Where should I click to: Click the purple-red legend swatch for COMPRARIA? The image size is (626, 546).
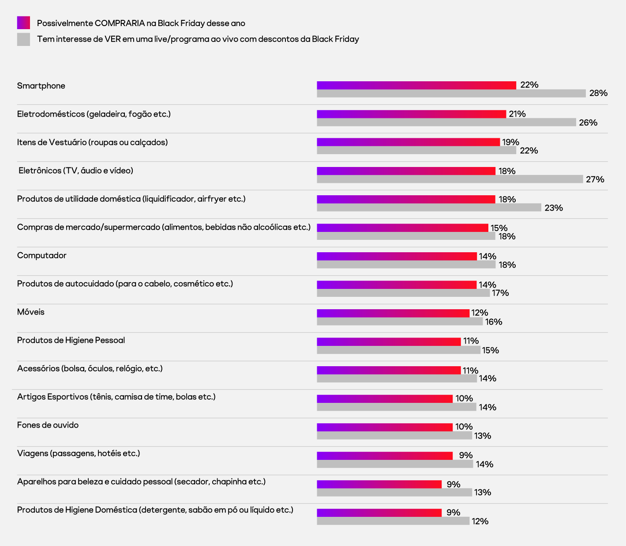pos(23,23)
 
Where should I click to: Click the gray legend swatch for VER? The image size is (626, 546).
pos(23,39)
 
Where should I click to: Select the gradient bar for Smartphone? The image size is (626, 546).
pos(416,85)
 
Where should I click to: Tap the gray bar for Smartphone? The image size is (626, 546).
pos(451,94)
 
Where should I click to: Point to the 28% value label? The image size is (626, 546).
pos(598,93)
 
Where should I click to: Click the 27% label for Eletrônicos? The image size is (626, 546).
pos(595,179)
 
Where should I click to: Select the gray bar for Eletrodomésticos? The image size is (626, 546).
pos(446,122)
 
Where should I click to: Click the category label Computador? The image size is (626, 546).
pos(42,255)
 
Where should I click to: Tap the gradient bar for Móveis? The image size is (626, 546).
pos(393,313)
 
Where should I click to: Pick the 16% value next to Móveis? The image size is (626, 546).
pos(494,322)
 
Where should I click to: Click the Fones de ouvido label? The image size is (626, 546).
pos(48,425)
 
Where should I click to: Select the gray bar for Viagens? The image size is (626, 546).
pos(395,464)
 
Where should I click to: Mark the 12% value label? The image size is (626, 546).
pos(480,521)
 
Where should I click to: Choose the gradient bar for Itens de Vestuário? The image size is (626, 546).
pos(408,142)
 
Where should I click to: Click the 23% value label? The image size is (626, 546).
pos(554,208)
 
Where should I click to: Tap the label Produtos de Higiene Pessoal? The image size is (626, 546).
pos(71,340)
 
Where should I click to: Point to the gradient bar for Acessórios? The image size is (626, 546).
pos(389,370)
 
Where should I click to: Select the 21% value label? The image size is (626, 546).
pos(517,114)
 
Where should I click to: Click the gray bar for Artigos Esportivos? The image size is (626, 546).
pos(396,407)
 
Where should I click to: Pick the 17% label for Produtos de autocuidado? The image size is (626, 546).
pos(500,293)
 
